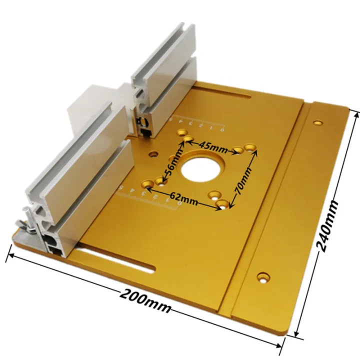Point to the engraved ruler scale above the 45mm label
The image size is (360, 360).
point(200,123)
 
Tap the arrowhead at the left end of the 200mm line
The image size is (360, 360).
point(8,256)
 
